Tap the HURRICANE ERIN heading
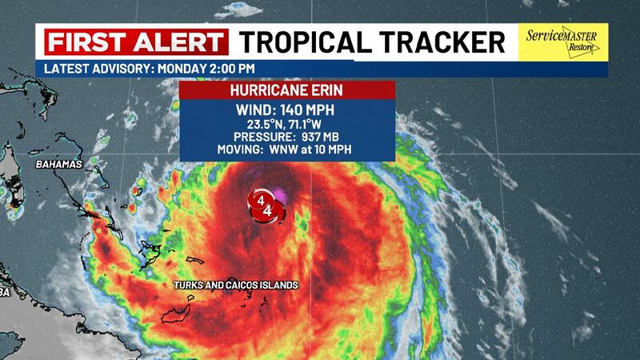pyautogui.click(x=287, y=90)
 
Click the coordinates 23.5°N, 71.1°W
pyautogui.click(x=287, y=125)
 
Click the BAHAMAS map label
pyautogui.click(x=60, y=165)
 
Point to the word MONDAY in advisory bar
pyautogui.click(x=184, y=69)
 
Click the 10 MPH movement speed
pyautogui.click(x=341, y=149)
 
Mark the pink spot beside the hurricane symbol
pyautogui.click(x=279, y=193)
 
